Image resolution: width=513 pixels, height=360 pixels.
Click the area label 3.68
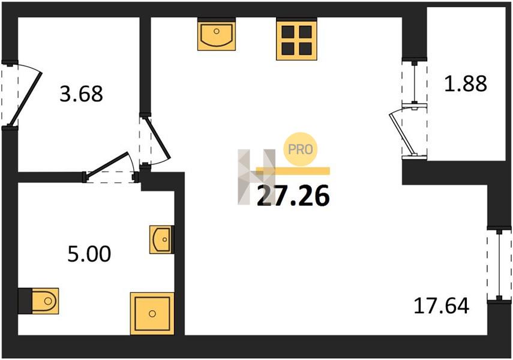tap(81, 94)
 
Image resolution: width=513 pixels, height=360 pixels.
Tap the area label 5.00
tap(89, 254)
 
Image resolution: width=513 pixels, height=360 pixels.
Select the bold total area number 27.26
tap(293, 196)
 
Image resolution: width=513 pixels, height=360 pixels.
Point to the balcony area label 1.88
tap(465, 83)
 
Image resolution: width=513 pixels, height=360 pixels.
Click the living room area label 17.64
tap(442, 305)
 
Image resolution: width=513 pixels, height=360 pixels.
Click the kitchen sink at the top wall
tap(216, 34)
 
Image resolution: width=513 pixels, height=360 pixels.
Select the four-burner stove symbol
tap(297, 39)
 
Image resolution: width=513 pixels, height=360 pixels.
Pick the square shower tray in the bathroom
tap(152, 314)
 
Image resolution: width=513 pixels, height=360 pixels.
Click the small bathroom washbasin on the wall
tap(161, 239)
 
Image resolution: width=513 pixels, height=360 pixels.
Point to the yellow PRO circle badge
tap(301, 149)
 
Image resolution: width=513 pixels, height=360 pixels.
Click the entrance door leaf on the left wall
tap(26, 99)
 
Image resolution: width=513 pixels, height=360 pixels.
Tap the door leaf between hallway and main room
tap(158, 138)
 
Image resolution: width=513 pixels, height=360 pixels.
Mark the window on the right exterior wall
tap(499, 265)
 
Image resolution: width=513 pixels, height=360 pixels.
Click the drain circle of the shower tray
tap(152, 314)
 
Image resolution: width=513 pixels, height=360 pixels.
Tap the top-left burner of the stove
tap(288, 32)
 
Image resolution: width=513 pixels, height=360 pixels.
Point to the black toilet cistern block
tap(25, 301)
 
